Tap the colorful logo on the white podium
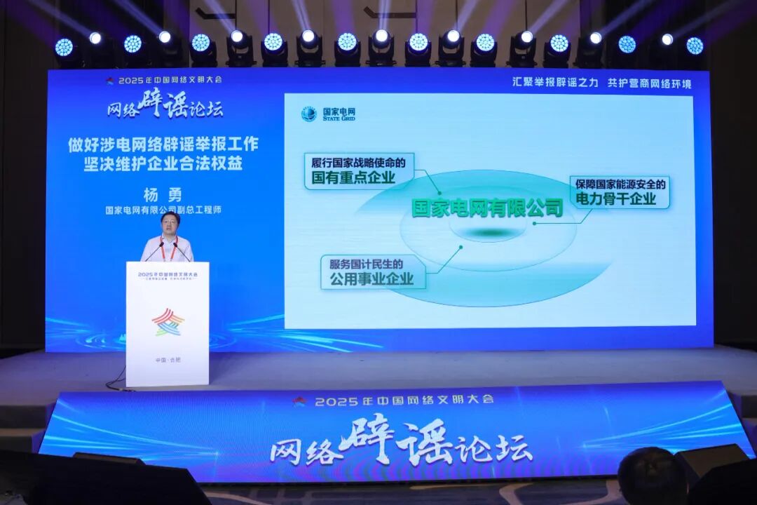click(168, 322)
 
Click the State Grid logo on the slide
click(308, 114)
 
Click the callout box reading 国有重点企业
click(359, 171)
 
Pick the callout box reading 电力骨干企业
click(620, 191)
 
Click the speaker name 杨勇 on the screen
click(163, 194)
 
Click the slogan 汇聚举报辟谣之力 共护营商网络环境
click(601, 83)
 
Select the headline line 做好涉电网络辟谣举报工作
click(163, 144)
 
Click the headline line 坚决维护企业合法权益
click(163, 166)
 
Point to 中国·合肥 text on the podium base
click(167, 360)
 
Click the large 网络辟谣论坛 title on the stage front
click(401, 443)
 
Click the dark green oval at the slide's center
click(489, 233)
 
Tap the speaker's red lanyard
click(168, 249)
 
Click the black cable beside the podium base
click(116, 379)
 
